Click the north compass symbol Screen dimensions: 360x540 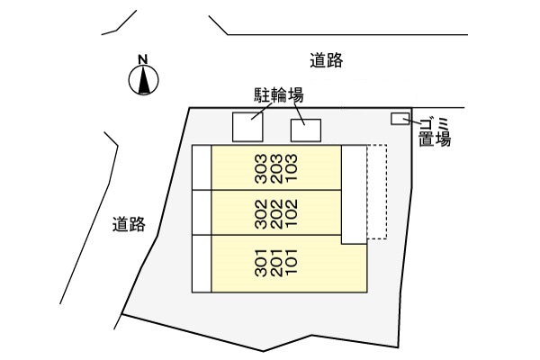pyautogui.click(x=143, y=82)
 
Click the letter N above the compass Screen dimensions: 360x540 pyautogui.click(x=142, y=60)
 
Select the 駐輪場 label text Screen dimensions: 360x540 pyautogui.click(x=276, y=94)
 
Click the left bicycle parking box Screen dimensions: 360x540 pyautogui.click(x=248, y=127)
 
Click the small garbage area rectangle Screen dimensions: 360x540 pyautogui.click(x=398, y=120)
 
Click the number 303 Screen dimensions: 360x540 pyautogui.click(x=261, y=168)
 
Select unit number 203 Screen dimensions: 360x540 pyautogui.click(x=275, y=168)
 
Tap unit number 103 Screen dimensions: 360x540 pyautogui.click(x=290, y=168)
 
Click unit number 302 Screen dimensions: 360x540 pyautogui.click(x=261, y=213)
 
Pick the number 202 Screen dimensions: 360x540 pyautogui.click(x=275, y=213)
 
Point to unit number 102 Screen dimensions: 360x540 pyautogui.click(x=290, y=213)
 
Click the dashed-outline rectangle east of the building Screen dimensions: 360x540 pyautogui.click(x=377, y=193)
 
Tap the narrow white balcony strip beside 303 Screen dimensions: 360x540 pyautogui.click(x=201, y=167)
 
